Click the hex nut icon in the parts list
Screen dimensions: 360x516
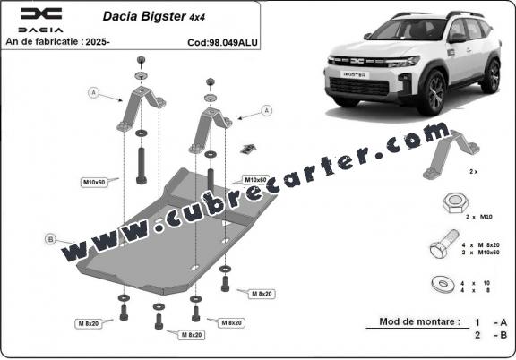[452, 205]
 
